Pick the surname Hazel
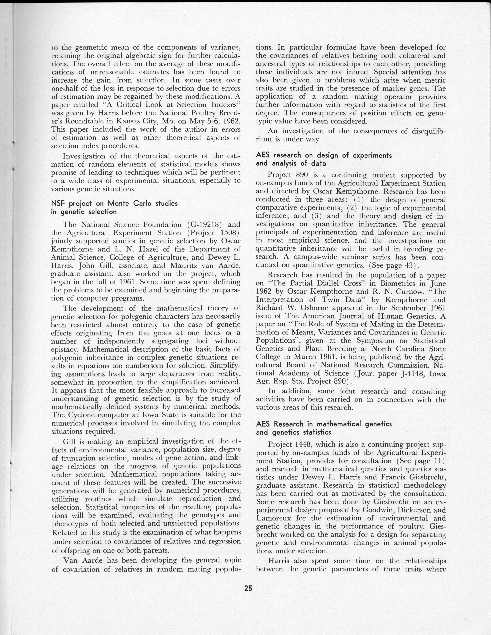point(143,249)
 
